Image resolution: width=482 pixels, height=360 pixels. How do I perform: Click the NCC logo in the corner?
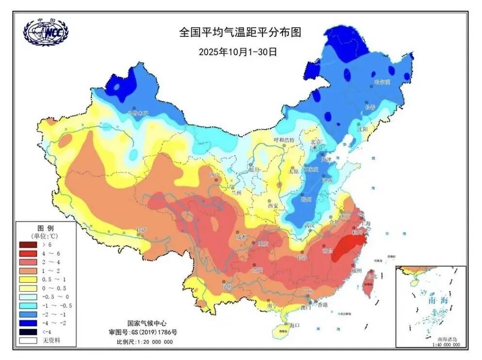tap(46, 32)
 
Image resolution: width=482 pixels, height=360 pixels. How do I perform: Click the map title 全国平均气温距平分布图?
tap(240, 33)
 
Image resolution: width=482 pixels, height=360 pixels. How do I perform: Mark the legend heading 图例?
tap(46, 228)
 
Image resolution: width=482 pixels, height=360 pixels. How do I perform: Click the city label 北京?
tap(316, 142)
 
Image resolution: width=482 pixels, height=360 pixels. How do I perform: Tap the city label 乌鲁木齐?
tap(137, 113)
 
